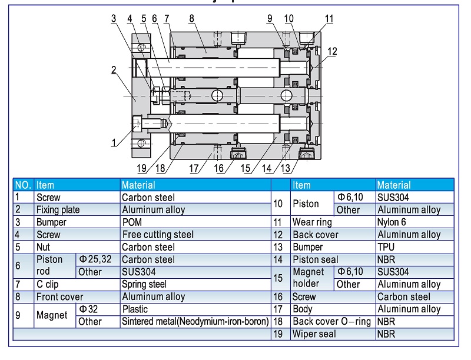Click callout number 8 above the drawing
click(x=191, y=18)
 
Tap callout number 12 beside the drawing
click(x=333, y=52)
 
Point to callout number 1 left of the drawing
click(x=114, y=142)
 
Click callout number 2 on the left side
click(x=113, y=70)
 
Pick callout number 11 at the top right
click(x=329, y=18)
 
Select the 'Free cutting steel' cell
click(x=157, y=235)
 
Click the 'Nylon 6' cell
click(x=392, y=222)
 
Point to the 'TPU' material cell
click(x=386, y=247)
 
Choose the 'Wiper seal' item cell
click(x=314, y=334)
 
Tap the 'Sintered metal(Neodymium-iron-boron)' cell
click(x=195, y=322)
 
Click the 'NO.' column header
click(x=23, y=185)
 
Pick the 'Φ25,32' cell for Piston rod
click(x=98, y=259)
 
